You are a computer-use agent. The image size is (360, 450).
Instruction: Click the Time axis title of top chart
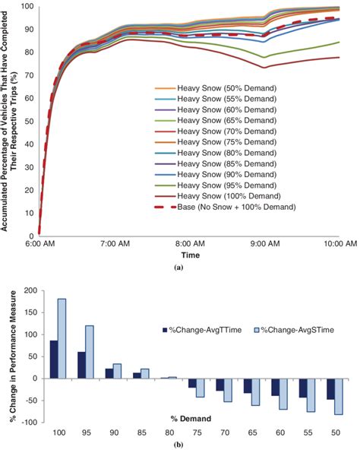[191, 256]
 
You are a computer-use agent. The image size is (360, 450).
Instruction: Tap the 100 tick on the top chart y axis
[27, 6]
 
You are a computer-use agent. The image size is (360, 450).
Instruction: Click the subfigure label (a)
[188, 268]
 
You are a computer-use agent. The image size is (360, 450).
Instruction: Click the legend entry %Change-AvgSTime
[289, 329]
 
